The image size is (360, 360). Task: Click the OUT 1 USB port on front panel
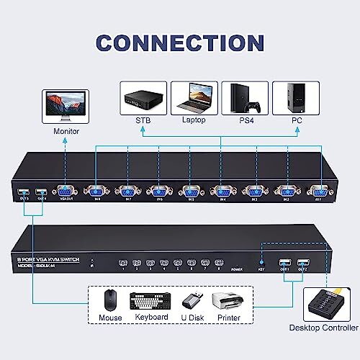coord(286,264)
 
